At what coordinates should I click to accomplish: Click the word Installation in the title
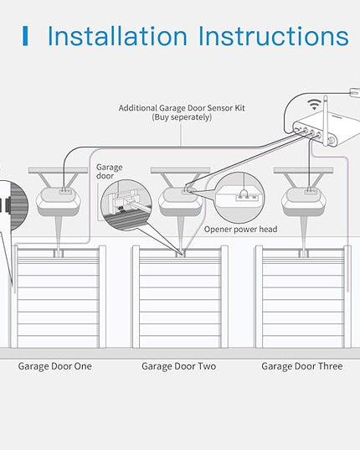tap(117, 36)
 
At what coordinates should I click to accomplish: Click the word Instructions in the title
tap(274, 36)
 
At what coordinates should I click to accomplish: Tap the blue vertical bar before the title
tap(25, 36)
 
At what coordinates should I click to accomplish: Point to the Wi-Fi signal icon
tap(314, 104)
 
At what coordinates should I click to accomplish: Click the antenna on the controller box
tap(326, 121)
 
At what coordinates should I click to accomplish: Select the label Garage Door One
tap(55, 366)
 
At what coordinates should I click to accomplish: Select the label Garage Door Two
tap(179, 366)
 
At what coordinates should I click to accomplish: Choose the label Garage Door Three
tap(302, 366)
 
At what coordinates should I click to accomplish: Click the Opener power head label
tap(241, 230)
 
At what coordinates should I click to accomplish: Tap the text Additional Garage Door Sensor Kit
tap(182, 108)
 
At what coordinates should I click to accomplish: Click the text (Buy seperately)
tap(182, 117)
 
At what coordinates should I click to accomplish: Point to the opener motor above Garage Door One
tap(59, 201)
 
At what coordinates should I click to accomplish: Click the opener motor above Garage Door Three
tap(304, 201)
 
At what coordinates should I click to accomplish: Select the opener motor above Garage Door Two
tap(181, 201)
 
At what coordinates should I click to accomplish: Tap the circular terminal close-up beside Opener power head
tap(239, 198)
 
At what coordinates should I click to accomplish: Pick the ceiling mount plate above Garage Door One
tap(58, 170)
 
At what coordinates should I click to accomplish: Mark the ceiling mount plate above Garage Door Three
tap(304, 170)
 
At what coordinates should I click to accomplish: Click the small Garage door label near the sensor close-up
tap(109, 171)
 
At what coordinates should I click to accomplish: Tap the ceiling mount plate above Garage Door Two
tap(181, 170)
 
